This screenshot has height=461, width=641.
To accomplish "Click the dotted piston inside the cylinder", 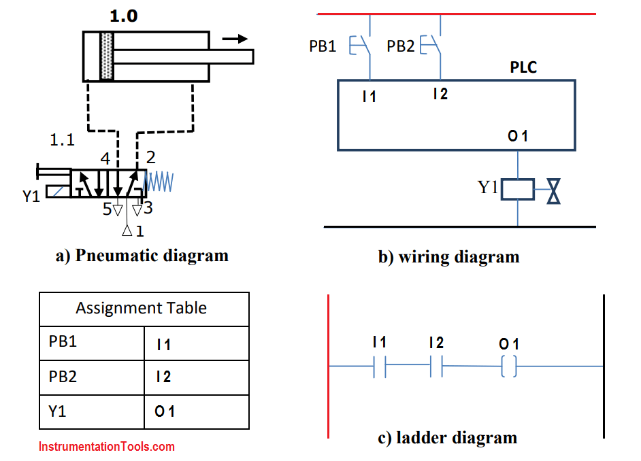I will point(106,56).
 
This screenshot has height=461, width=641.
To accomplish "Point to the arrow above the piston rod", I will point(235,39).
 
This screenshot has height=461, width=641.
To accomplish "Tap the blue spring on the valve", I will point(161,182).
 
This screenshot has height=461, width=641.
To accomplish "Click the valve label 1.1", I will point(63,141).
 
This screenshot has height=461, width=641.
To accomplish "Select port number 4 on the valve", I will point(105,158).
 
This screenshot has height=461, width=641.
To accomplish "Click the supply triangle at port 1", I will point(127,231).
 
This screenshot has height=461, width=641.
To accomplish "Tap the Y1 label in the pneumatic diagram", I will point(31,197).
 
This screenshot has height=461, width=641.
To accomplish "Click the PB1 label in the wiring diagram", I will point(324,46).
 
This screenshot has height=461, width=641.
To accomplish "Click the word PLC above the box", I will point(523,67).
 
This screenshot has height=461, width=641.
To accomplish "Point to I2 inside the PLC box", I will point(440,95).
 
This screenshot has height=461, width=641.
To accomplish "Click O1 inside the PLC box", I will point(518,137).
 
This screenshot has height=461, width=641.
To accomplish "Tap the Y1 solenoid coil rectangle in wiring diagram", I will point(517,189).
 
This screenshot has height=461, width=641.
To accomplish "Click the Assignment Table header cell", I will point(142,308).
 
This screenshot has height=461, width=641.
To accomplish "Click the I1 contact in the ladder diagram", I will point(380,368).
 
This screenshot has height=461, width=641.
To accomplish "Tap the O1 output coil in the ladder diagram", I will point(508,368).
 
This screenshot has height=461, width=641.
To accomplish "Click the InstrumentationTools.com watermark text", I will point(107,447).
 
